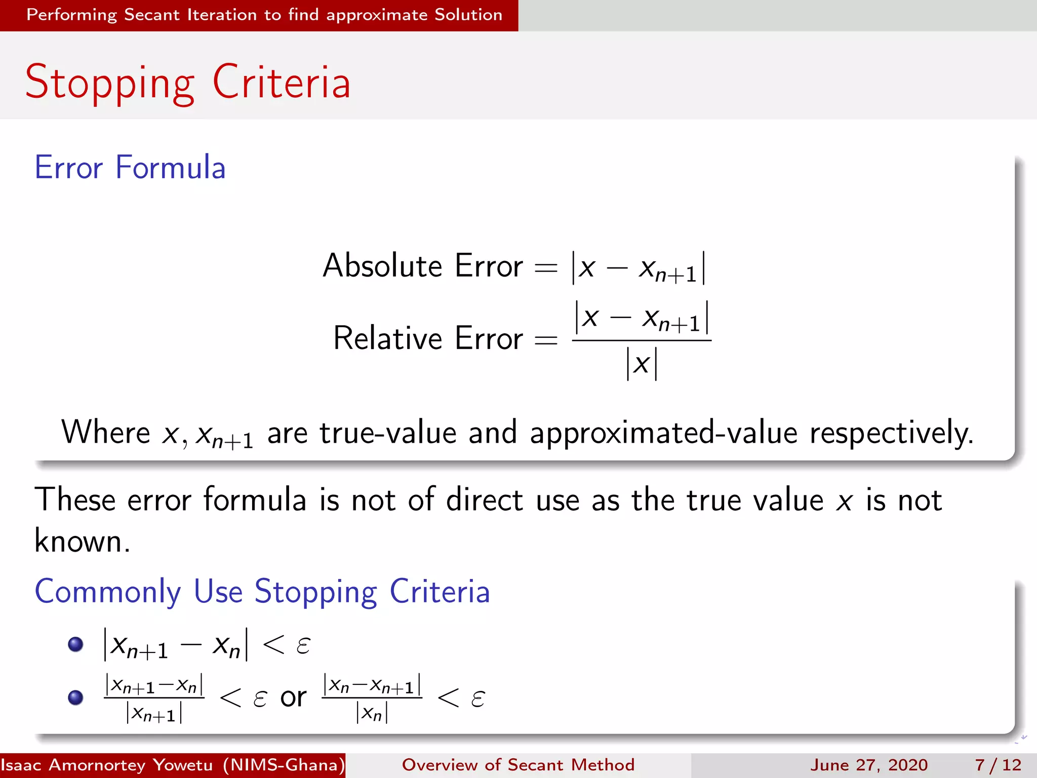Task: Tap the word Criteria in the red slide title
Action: point(282,83)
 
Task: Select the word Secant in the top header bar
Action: point(152,15)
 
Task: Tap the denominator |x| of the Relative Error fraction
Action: point(642,364)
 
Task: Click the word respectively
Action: point(891,433)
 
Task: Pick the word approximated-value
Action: point(663,433)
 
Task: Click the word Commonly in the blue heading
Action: point(108,591)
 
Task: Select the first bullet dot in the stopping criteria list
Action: point(75,644)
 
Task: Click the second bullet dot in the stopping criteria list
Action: point(75,697)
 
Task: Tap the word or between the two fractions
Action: point(294,697)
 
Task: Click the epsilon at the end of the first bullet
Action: point(303,645)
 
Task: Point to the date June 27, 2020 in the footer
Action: point(869,765)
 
